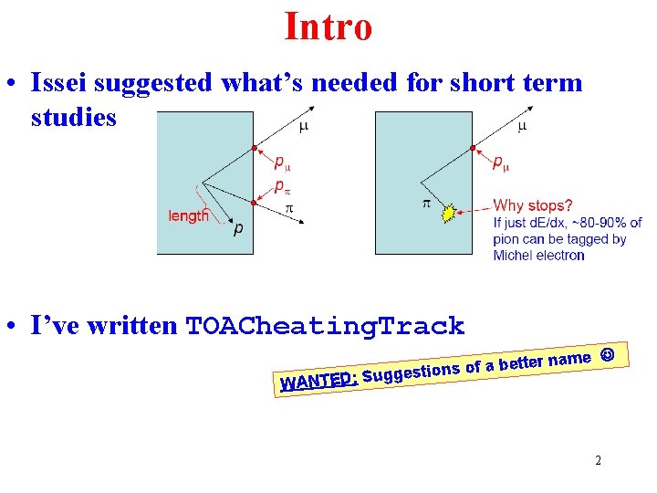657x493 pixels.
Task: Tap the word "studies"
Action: tap(74, 118)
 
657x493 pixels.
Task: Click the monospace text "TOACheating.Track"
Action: tap(325, 326)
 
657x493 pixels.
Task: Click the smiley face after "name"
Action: tap(608, 352)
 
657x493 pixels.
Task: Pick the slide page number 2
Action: tap(598, 460)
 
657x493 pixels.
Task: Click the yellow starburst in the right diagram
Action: tap(447, 214)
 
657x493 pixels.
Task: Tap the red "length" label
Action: tap(189, 215)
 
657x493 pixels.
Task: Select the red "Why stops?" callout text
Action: tap(533, 205)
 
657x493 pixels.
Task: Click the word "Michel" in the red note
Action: tap(513, 255)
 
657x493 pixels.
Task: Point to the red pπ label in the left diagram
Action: tap(285, 187)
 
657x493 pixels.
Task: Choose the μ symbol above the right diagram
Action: tap(522, 125)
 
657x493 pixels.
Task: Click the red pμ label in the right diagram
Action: tap(501, 163)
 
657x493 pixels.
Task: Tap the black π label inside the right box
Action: tap(425, 203)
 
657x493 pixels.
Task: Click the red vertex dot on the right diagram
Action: tap(472, 148)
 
